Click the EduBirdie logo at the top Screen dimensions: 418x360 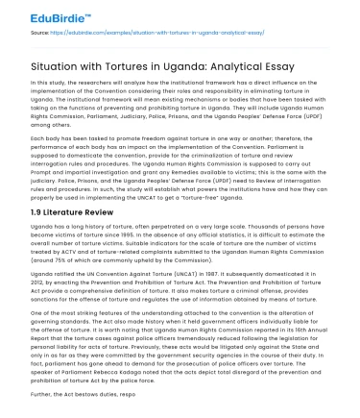coord(45,13)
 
